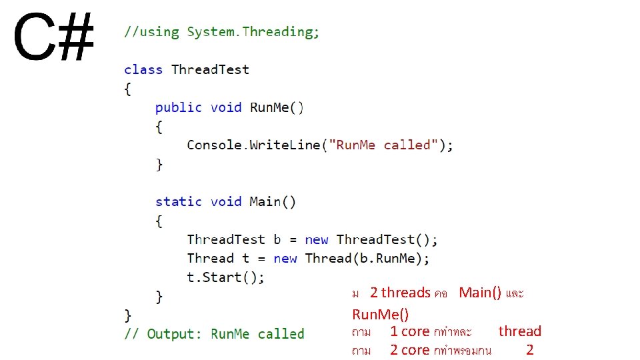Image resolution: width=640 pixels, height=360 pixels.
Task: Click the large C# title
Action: [53, 39]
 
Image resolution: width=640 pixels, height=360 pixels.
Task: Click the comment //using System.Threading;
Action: [221, 32]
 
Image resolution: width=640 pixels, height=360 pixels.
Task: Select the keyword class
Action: [143, 69]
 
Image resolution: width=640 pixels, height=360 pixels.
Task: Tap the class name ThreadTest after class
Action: [210, 69]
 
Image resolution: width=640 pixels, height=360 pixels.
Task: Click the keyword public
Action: [178, 107]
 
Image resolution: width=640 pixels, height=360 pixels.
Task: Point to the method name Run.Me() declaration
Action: [277, 107]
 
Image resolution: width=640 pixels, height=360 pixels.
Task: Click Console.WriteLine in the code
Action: [253, 145]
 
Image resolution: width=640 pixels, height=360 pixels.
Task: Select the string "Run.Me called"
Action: [387, 145]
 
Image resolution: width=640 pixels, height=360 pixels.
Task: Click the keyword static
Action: [178, 201]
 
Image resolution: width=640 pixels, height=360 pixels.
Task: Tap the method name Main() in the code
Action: [273, 201]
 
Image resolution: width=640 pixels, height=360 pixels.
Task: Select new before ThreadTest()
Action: [317, 239]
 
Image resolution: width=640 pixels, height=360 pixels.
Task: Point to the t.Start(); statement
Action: [225, 277]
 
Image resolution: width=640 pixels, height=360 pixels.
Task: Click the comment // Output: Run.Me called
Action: [214, 334]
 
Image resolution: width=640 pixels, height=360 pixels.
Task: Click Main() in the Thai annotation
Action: [480, 293]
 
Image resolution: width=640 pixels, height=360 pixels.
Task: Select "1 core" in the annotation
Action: [409, 331]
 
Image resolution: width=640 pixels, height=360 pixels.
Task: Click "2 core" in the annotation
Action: [409, 350]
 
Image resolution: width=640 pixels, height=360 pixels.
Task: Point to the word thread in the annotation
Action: [520, 331]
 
